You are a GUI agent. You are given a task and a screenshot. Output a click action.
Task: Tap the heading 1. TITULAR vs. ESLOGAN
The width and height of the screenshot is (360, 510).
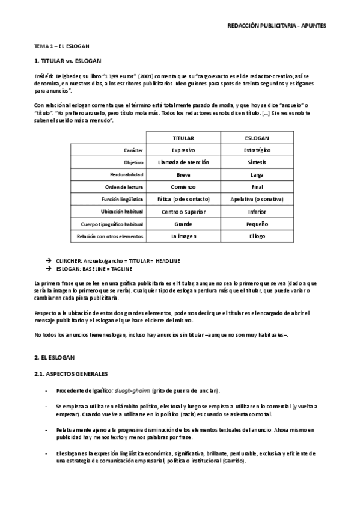[x=67, y=61]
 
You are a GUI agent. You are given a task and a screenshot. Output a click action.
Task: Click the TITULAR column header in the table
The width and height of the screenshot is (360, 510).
[x=183, y=137]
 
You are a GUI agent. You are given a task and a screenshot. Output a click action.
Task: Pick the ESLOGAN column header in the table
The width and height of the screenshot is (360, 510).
[x=257, y=137]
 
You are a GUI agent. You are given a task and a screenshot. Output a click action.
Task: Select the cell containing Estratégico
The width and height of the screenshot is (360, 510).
[x=257, y=150]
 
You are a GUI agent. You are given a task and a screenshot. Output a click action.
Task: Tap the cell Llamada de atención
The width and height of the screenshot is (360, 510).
[x=183, y=162]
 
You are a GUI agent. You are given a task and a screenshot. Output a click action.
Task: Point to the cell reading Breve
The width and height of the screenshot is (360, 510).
[x=183, y=174]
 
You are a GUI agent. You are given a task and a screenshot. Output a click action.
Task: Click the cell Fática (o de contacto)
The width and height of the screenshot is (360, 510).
[x=183, y=199]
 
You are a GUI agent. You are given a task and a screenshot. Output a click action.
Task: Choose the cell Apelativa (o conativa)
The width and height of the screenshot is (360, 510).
[x=257, y=199]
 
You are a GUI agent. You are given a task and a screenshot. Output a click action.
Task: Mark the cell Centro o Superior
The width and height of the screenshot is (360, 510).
[x=183, y=212]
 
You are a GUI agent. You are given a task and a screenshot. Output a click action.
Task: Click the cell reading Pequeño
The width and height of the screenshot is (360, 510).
[x=257, y=224]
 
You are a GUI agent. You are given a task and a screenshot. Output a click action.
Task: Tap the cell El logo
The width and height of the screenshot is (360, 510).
[x=257, y=236]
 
